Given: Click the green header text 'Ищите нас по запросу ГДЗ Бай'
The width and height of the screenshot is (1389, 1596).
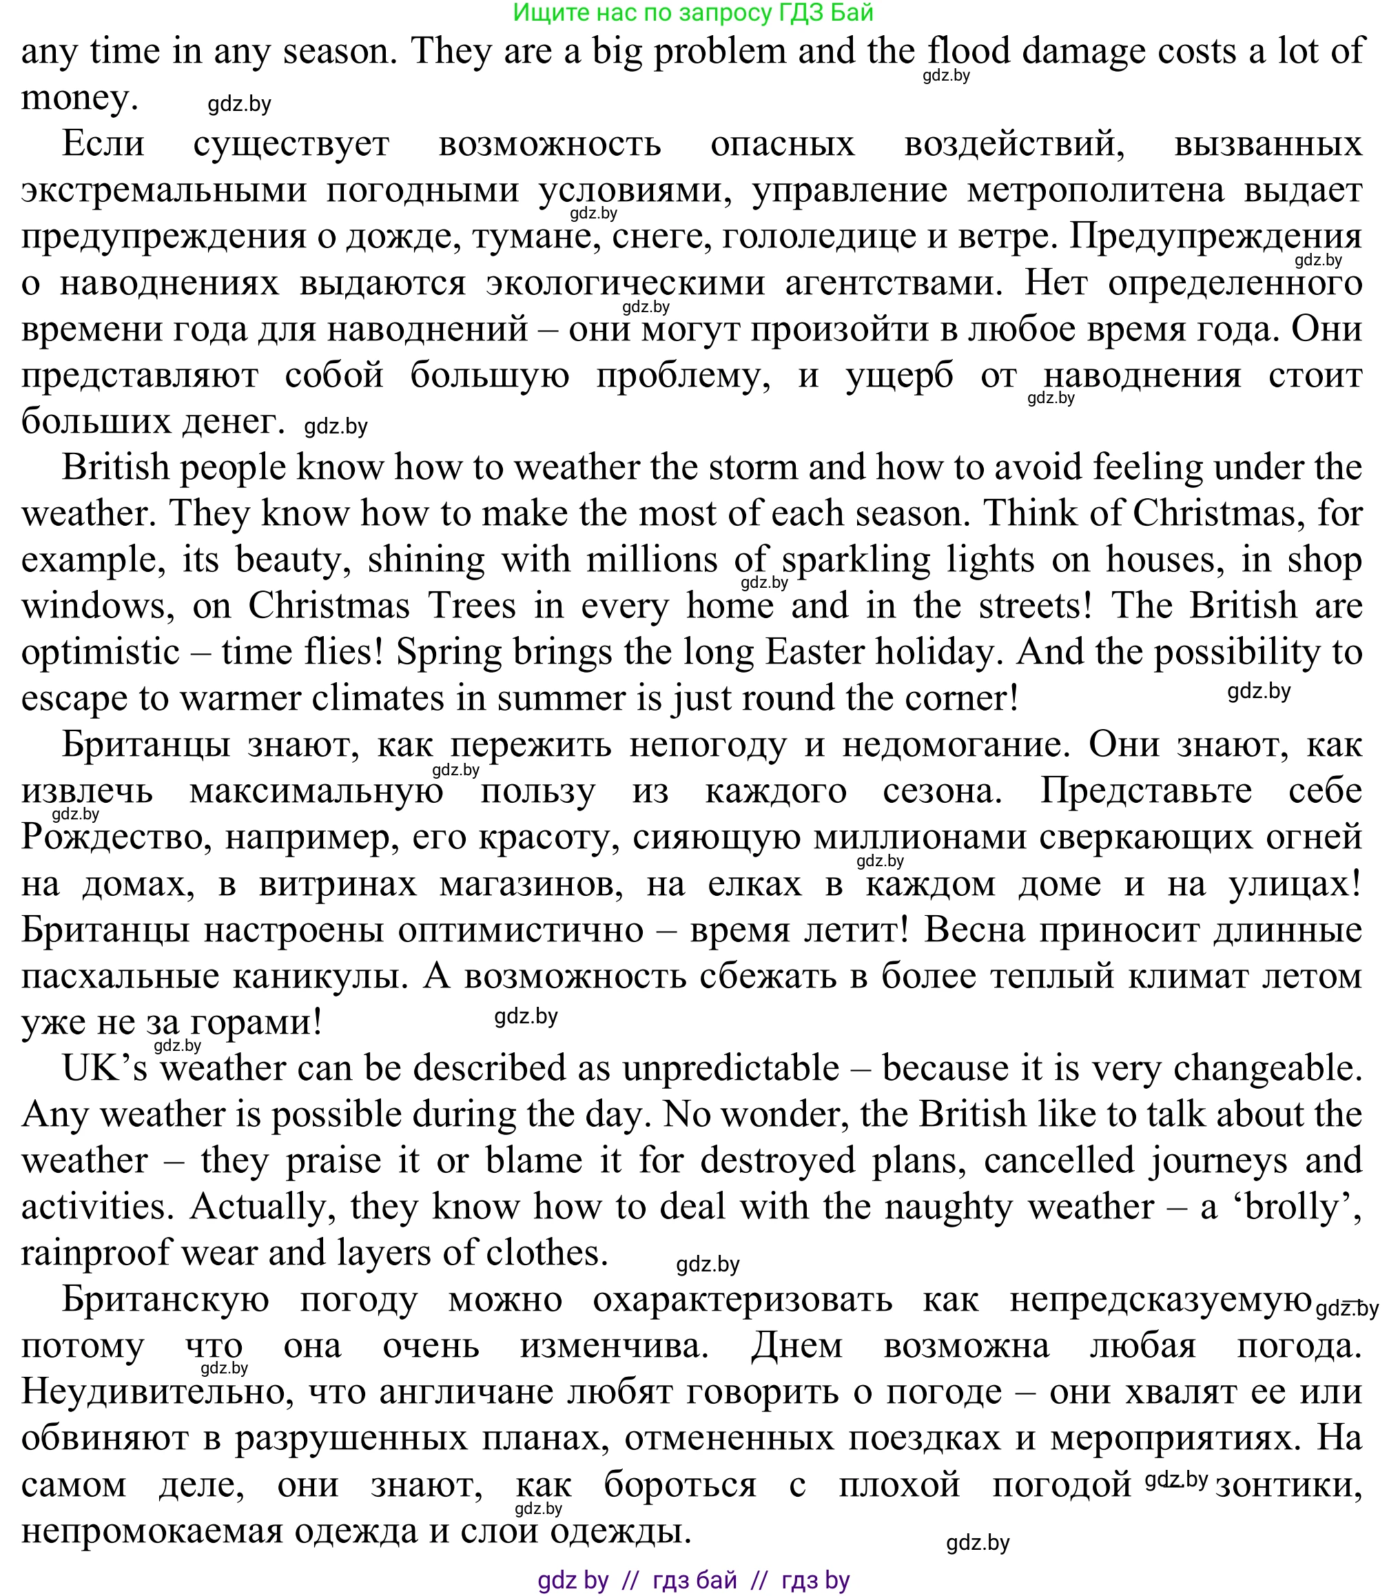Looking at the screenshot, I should click(x=693, y=12).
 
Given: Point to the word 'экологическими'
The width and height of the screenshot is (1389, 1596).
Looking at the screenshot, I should click(x=625, y=283).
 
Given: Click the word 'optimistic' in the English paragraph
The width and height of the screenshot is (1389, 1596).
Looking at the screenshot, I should click(x=100, y=652).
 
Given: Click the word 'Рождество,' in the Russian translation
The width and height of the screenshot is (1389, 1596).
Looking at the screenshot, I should click(x=116, y=838).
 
